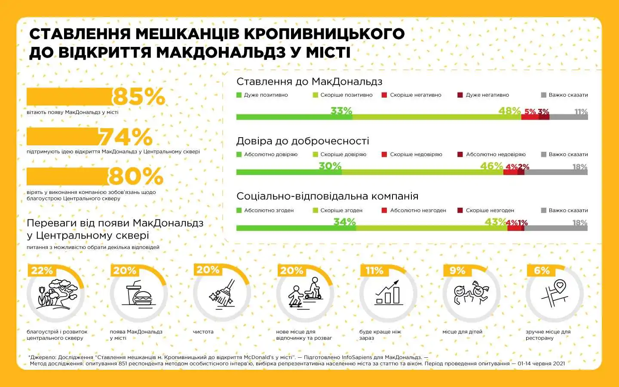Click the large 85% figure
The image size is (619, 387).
pyautogui.click(x=139, y=96)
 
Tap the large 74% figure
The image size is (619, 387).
pyautogui.click(x=126, y=137)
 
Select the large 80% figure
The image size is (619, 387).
pyautogui.click(x=136, y=176)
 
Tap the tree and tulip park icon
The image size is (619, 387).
pyautogui.click(x=56, y=294)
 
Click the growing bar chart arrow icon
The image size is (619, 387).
pyautogui.click(x=388, y=292)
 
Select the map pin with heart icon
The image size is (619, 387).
pyautogui.click(x=554, y=293)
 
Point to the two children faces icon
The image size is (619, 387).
pyautogui.click(x=471, y=293)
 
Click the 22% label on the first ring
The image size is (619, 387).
pyautogui.click(x=42, y=270)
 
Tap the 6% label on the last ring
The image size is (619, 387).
pyautogui.click(x=542, y=270)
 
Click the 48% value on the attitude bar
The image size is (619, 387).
pyautogui.click(x=509, y=111)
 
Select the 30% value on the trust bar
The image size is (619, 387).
pyautogui.click(x=330, y=166)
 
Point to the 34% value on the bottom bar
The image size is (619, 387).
pyautogui.click(x=344, y=222)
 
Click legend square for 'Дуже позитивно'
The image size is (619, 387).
pyautogui.click(x=239, y=95)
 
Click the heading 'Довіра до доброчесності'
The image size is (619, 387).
pyautogui.click(x=303, y=141)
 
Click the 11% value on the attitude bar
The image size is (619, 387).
pyautogui.click(x=581, y=112)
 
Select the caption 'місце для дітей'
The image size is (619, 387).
pyautogui.click(x=462, y=332)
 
